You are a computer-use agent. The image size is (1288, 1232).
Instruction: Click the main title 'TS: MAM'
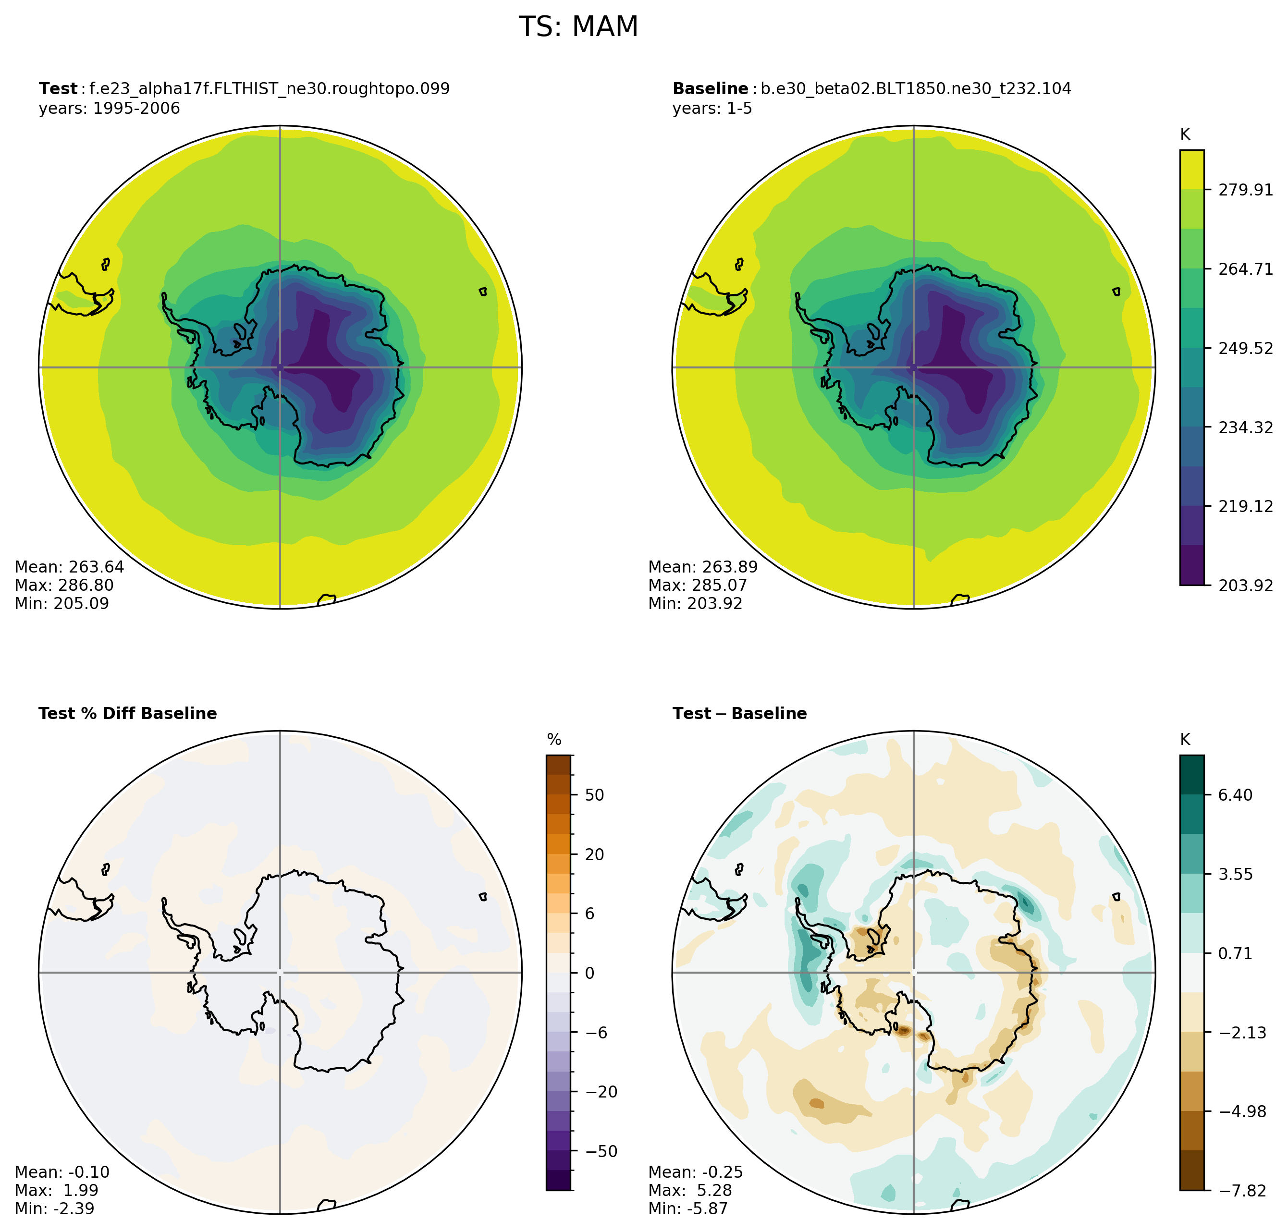[578, 27]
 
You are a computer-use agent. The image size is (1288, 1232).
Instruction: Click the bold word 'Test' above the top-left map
[58, 89]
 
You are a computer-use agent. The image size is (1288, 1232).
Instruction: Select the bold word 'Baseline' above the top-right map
[710, 89]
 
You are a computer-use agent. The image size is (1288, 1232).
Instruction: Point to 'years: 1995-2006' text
[109, 109]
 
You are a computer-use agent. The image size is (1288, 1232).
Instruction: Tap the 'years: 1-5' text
[712, 109]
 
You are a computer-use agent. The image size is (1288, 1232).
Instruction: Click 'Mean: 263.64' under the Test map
[69, 567]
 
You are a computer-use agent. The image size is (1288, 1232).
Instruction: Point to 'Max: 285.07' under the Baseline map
[698, 585]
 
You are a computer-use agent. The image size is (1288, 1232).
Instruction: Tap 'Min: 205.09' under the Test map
[62, 604]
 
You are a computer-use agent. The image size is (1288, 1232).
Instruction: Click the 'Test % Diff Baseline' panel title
[127, 714]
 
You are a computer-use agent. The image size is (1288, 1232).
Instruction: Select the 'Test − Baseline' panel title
[739, 714]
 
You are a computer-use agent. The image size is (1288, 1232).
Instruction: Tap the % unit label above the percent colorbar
[554, 740]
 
